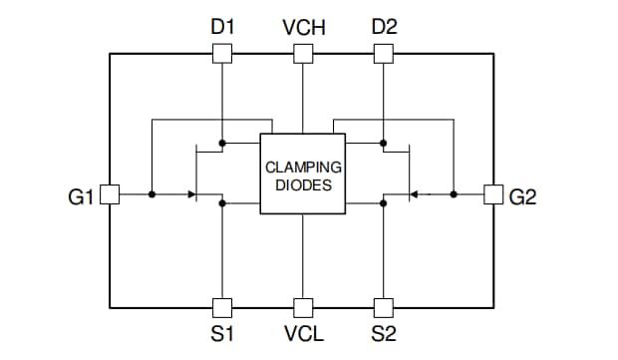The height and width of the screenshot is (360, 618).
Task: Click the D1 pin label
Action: coord(222,27)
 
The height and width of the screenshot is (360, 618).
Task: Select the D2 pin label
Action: coord(384,27)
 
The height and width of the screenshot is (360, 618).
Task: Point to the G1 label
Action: coord(82,196)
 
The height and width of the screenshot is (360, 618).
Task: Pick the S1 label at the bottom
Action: coord(222,333)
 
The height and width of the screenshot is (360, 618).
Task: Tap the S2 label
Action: coord(384,333)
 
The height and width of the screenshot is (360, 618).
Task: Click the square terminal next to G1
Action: coord(110,194)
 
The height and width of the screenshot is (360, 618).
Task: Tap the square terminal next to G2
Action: coord(492,194)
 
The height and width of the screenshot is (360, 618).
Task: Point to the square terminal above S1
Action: coord(222,307)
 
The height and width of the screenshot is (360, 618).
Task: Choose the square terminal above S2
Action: coord(383,307)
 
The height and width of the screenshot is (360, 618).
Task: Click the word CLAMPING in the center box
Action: coord(303,167)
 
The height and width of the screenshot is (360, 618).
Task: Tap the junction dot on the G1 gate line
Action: coord(152,194)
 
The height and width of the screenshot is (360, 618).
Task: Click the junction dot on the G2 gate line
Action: coord(453,194)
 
